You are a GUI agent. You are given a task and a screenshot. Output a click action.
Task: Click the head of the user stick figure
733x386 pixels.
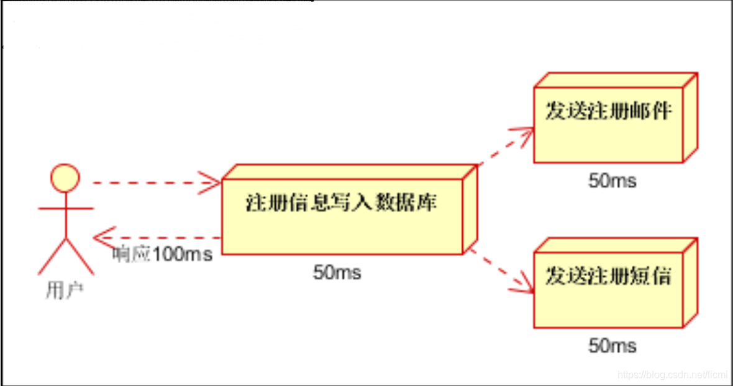pyautogui.click(x=65, y=177)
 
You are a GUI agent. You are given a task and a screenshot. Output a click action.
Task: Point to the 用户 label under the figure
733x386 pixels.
pyautogui.click(x=64, y=290)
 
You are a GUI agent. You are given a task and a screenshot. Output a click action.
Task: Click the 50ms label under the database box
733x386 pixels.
pyautogui.click(x=337, y=272)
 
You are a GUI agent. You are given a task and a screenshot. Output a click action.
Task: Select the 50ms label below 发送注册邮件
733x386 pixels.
pyautogui.click(x=612, y=181)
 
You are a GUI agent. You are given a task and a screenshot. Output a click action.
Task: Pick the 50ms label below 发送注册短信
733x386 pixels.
pyautogui.click(x=612, y=346)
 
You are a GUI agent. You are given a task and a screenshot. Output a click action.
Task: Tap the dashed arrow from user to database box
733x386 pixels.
pyautogui.click(x=149, y=183)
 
